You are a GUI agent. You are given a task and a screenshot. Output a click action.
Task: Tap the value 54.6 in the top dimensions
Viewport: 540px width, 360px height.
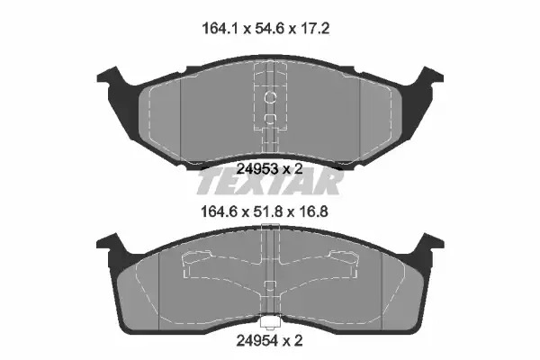269,28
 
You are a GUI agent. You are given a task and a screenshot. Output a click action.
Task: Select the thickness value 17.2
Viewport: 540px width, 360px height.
314,28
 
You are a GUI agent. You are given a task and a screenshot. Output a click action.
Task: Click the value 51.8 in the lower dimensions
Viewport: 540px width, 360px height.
268,211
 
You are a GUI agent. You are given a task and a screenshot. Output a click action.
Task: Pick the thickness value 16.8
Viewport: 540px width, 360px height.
313,211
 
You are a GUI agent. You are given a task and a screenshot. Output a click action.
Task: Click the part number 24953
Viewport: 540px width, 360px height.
257,169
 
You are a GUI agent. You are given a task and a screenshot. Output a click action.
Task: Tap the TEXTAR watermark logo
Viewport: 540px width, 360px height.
270,181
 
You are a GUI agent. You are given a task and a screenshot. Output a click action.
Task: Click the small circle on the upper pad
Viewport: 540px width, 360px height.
270,97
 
